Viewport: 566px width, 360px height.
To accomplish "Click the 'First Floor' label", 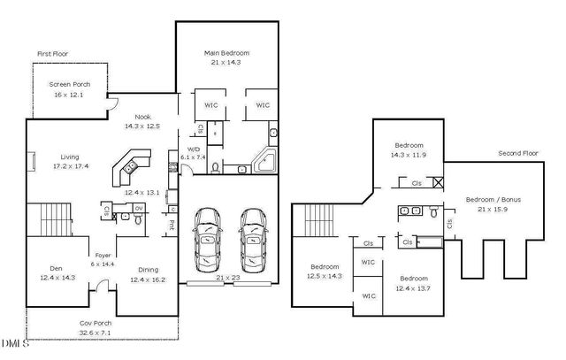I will [x=52, y=54].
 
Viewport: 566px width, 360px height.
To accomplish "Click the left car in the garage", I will [x=208, y=241].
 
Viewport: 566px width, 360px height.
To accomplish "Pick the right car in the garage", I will [x=252, y=241].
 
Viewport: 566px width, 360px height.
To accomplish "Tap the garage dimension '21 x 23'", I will [x=227, y=278].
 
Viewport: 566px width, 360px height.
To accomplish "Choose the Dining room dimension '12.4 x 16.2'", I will [x=147, y=280].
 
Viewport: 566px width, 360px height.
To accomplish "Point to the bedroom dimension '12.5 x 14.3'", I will [x=324, y=275].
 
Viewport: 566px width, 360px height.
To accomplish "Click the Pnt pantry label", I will [x=170, y=225].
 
